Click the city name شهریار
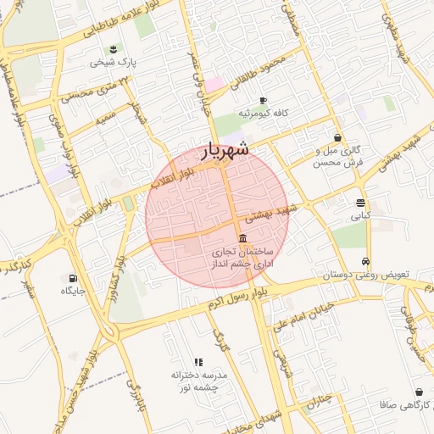(225, 150)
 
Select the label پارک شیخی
(114, 63)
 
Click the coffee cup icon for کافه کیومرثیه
(264, 100)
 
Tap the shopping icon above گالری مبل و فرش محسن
(338, 137)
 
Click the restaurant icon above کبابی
(361, 203)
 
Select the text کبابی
(361, 216)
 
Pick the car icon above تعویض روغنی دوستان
(365, 262)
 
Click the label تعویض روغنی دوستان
(366, 275)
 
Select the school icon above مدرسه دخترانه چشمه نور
(198, 362)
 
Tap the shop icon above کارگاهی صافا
(420, 392)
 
